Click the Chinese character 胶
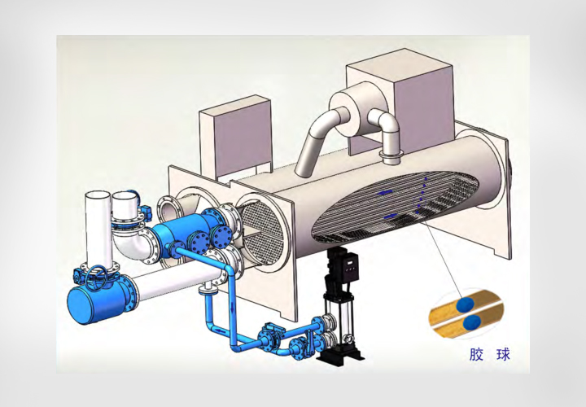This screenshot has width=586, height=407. click(476, 353)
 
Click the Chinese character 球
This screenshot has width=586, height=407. click(503, 353)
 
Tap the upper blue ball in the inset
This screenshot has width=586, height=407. click(466, 304)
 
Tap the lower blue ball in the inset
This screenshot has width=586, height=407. click(471, 322)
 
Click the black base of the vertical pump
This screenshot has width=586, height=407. click(339, 353)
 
